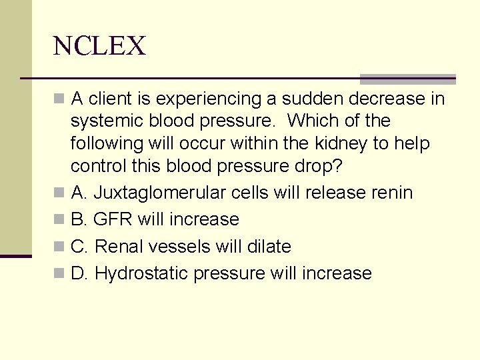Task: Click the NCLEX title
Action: (x=99, y=46)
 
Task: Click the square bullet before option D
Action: (x=60, y=274)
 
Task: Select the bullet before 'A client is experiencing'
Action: (x=60, y=100)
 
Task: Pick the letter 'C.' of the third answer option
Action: (x=79, y=247)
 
